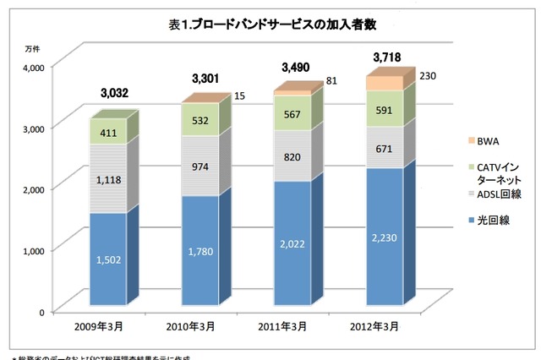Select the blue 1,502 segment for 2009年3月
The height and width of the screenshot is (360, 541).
click(x=107, y=260)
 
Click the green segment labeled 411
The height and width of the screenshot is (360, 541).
click(x=107, y=132)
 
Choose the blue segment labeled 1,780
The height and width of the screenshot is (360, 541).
click(x=200, y=252)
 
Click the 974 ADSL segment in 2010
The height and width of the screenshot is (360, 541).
click(x=200, y=166)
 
